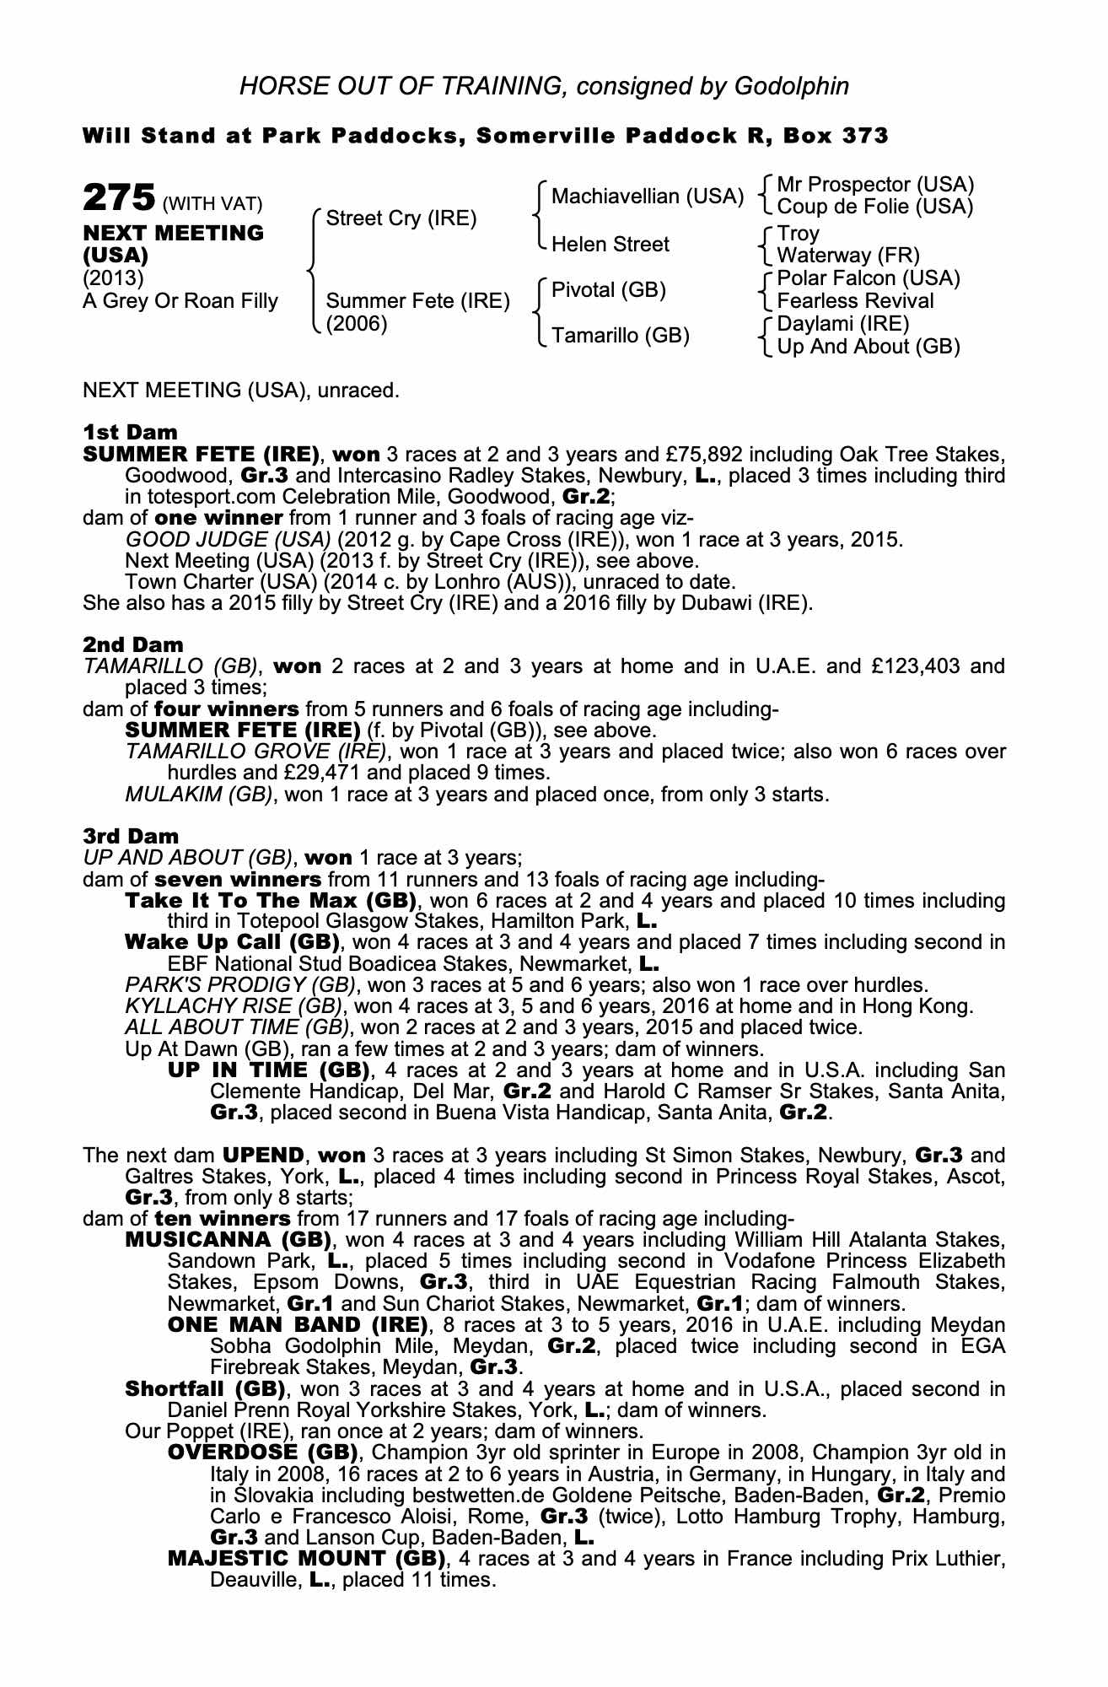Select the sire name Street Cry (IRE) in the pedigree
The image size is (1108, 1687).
click(x=401, y=219)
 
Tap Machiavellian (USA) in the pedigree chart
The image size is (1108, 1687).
click(x=648, y=197)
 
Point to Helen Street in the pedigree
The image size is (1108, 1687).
click(x=610, y=245)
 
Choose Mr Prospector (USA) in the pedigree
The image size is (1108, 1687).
click(x=875, y=185)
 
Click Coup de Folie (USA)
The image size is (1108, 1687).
click(x=875, y=207)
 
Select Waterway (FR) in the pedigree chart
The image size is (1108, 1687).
click(x=848, y=256)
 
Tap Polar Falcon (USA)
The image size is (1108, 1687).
click(x=869, y=278)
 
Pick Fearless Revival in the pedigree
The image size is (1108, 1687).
click(x=855, y=301)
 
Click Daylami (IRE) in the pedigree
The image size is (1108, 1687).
click(x=843, y=324)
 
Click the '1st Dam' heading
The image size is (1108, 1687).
click(x=130, y=433)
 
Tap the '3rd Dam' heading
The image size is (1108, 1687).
click(x=131, y=836)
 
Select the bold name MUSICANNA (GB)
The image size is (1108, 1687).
click(x=229, y=1240)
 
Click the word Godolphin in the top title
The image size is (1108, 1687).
click(x=791, y=85)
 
